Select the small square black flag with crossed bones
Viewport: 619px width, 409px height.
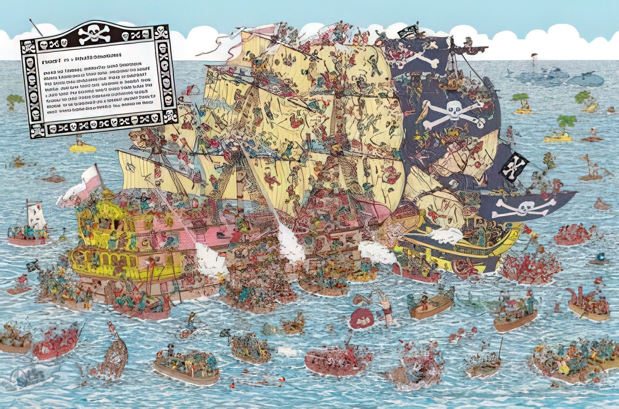point(514,166)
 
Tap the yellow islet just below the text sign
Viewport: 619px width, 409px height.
point(83,148)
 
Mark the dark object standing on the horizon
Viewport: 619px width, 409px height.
point(533,57)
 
